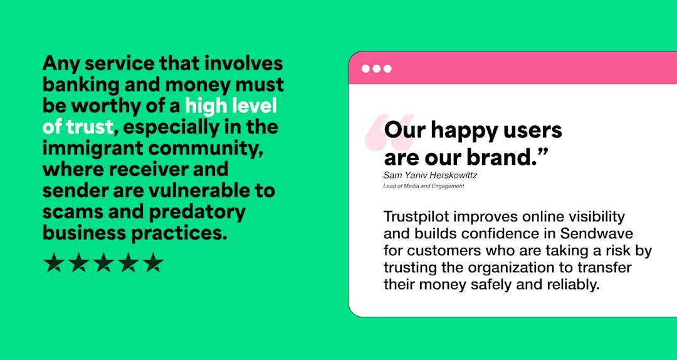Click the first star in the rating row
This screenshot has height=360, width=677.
click(53, 263)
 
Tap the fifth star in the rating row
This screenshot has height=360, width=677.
click(152, 263)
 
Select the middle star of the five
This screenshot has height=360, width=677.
click(103, 263)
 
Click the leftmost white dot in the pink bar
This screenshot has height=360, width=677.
click(365, 68)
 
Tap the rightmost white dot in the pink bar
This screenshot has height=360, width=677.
click(387, 68)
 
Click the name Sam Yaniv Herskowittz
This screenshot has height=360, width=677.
click(430, 176)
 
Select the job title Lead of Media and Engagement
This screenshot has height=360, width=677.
click(423, 186)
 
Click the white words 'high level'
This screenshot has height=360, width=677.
click(231, 106)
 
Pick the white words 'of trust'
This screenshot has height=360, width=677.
click(78, 127)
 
